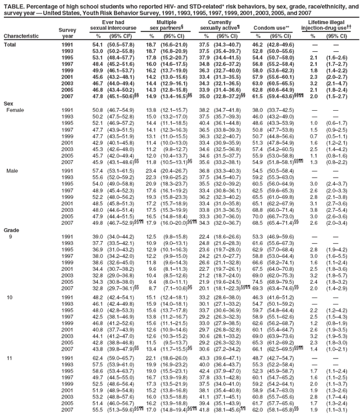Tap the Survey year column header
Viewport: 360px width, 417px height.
point(67,30)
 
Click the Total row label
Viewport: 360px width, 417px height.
point(11,44)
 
